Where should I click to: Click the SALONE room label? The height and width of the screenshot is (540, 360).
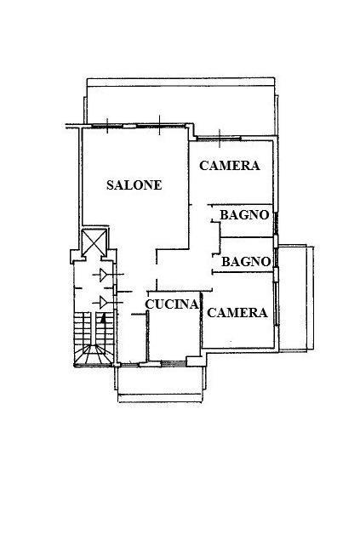(134, 185)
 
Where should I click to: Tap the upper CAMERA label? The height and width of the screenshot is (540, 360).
(230, 166)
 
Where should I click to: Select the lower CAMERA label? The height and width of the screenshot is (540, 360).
(237, 313)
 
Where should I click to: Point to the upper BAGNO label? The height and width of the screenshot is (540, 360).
(244, 215)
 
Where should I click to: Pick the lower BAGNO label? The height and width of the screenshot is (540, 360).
(246, 262)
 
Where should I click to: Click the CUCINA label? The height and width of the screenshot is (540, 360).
(172, 304)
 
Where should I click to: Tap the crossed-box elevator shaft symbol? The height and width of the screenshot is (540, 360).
(94, 242)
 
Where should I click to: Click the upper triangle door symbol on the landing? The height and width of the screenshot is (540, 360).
(103, 275)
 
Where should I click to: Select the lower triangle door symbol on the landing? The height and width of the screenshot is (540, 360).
(103, 303)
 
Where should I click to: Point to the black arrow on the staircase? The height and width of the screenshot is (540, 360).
(102, 319)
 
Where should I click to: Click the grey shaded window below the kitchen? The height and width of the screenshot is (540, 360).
(174, 364)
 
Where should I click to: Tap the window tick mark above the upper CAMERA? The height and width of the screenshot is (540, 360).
(220, 139)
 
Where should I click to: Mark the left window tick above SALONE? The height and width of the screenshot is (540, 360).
(107, 126)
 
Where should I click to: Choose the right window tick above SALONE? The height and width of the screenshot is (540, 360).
(160, 125)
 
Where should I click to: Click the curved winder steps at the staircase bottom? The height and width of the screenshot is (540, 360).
(94, 354)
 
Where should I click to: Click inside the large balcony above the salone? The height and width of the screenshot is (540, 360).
(181, 105)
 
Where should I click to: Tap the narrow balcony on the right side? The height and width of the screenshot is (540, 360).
(296, 298)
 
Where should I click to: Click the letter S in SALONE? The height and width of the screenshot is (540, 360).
(111, 185)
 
